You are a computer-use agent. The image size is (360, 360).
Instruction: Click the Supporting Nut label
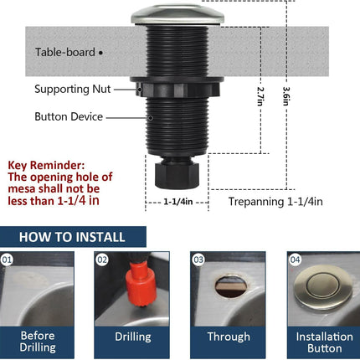click(73, 89)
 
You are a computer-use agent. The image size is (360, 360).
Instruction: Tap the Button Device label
click(69, 117)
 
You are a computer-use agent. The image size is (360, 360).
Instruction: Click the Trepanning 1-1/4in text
click(275, 202)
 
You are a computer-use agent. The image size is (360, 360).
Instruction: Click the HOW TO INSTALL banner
click(71, 237)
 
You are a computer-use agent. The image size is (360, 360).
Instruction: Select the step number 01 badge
click(8, 260)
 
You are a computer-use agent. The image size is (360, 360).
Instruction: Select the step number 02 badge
click(102, 260)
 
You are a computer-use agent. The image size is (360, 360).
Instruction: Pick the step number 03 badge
click(198, 260)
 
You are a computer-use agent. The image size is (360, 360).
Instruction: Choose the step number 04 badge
click(294, 260)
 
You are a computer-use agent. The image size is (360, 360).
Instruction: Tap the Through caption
click(229, 337)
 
